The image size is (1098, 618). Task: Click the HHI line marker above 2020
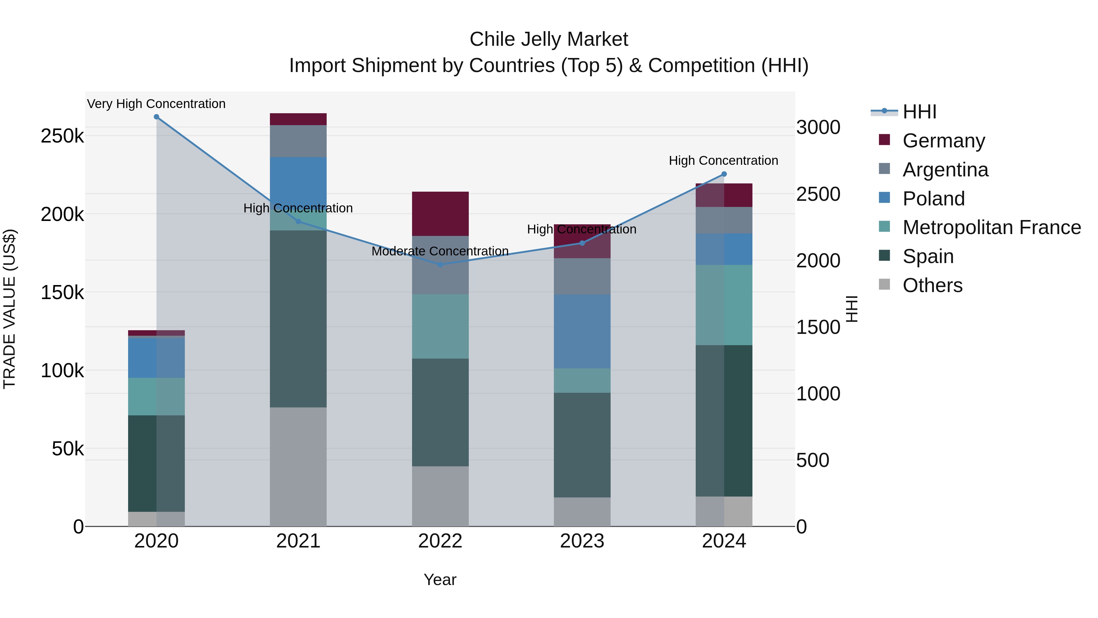click(x=156, y=117)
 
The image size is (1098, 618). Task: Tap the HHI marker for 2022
click(x=440, y=264)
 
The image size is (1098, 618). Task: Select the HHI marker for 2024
click(x=724, y=174)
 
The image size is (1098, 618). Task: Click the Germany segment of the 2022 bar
click(x=440, y=214)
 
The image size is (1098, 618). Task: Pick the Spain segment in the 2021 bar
click(x=298, y=319)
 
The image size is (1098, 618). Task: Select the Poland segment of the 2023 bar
click(x=582, y=331)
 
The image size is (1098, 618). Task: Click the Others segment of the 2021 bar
click(x=298, y=467)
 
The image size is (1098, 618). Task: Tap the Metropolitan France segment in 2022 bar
click(x=440, y=326)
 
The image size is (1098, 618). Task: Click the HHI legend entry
click(x=919, y=112)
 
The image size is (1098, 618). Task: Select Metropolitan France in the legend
click(x=992, y=227)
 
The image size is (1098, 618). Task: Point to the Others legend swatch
click(x=884, y=284)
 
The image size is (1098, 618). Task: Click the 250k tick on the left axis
click(x=62, y=136)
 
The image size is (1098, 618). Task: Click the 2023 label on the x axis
click(x=582, y=541)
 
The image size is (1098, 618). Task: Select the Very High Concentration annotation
click(x=156, y=104)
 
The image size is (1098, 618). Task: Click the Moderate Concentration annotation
click(x=440, y=251)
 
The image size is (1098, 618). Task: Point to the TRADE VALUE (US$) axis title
click(x=9, y=309)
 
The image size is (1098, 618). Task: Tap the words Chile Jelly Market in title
click(x=549, y=39)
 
